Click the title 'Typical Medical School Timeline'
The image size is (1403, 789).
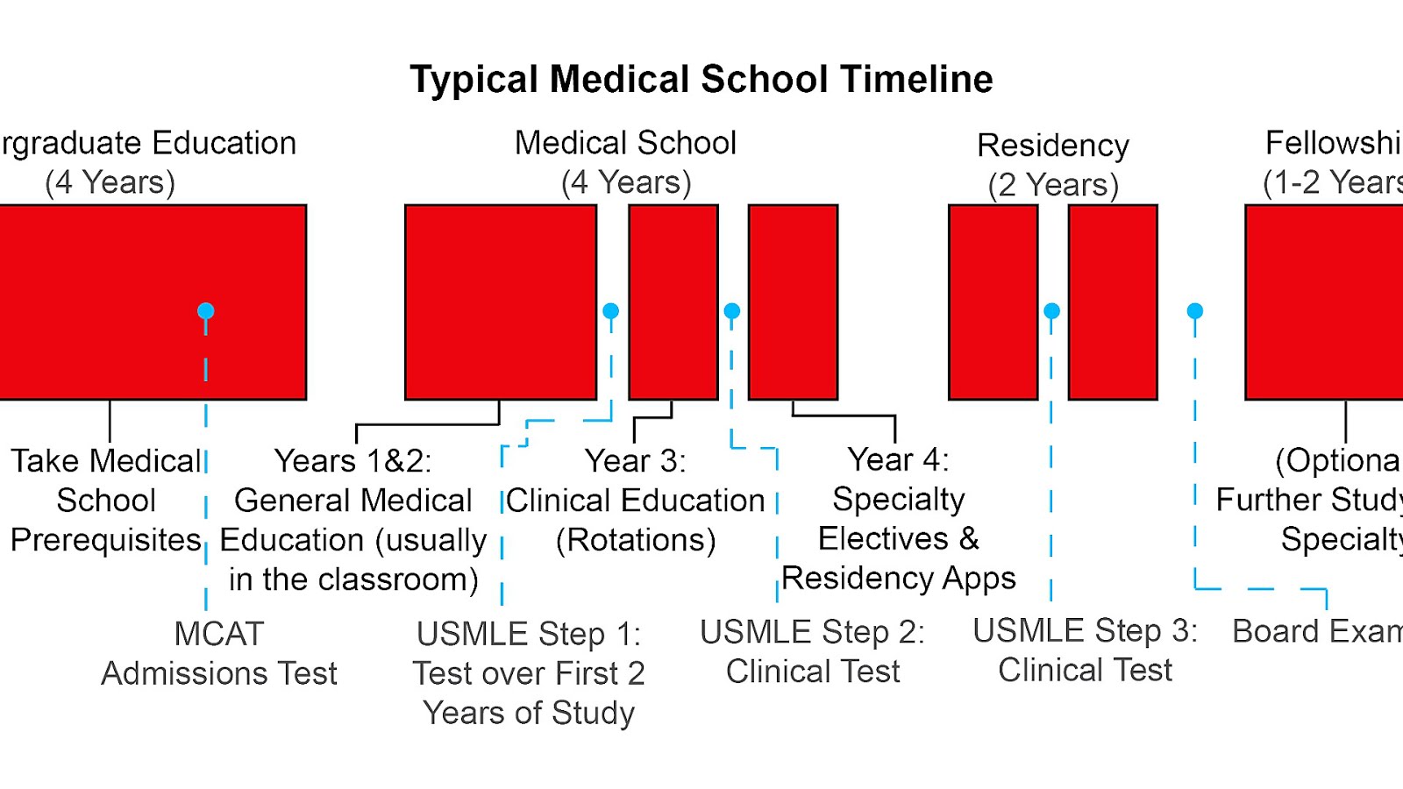(701, 79)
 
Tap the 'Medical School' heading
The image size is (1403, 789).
(625, 143)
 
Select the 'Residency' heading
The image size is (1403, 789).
(1053, 146)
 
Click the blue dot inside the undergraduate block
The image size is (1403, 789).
(206, 311)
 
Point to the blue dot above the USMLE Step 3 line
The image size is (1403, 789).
(1052, 311)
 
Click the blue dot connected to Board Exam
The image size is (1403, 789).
(1194, 311)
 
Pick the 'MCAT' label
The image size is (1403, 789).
(219, 634)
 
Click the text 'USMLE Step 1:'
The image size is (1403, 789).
(529, 634)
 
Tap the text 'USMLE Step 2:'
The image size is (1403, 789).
(812, 632)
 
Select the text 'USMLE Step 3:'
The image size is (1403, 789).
(1085, 631)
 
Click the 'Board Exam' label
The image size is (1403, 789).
(1315, 631)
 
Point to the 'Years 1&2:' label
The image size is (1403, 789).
(353, 461)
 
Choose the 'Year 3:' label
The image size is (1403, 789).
(636, 461)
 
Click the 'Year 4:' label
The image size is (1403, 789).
(898, 459)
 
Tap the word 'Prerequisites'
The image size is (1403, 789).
(106, 540)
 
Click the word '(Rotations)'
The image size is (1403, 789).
(636, 540)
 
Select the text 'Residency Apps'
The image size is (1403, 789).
(899, 579)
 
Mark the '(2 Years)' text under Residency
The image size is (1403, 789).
(1053, 185)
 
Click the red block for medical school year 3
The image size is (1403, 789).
(673, 302)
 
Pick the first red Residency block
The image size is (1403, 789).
(993, 302)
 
